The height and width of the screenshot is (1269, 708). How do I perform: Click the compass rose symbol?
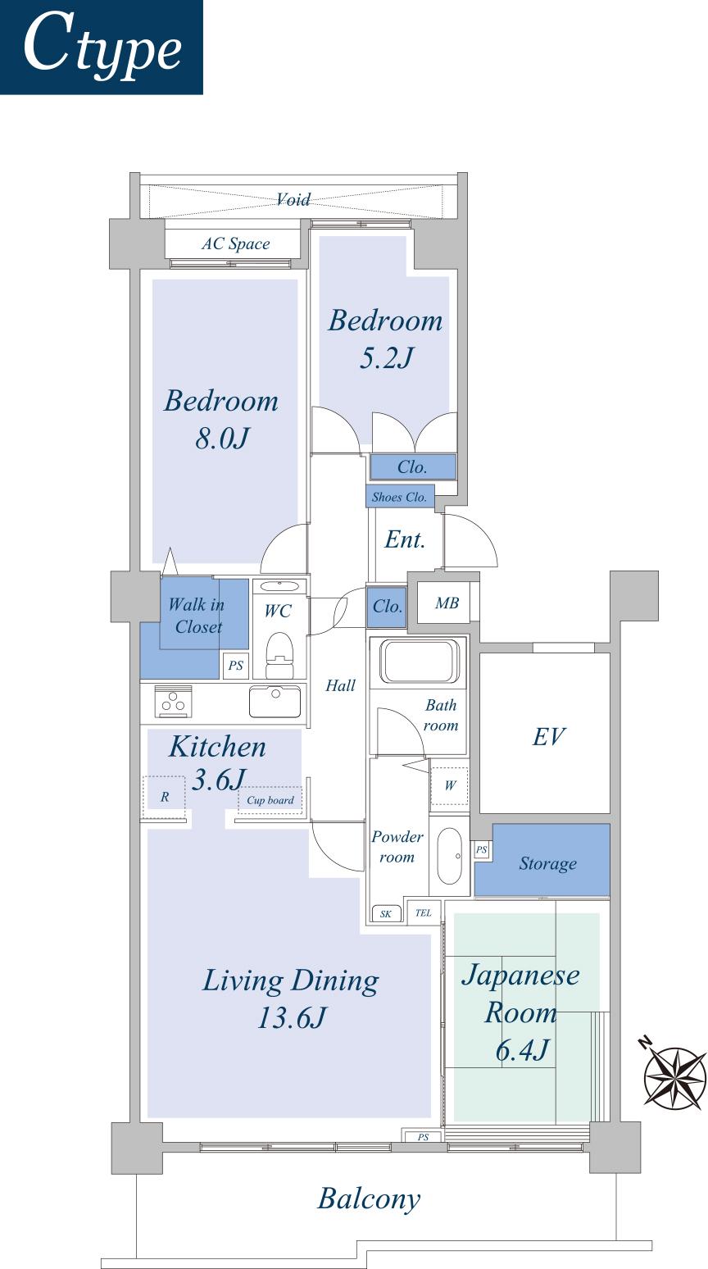674,1074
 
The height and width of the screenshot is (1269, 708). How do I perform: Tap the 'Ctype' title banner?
102,47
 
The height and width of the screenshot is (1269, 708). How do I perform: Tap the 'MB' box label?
447,604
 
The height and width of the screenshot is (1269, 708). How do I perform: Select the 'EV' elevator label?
548,736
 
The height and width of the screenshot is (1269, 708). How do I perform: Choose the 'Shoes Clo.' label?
400,497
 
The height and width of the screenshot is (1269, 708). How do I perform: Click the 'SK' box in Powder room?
385,914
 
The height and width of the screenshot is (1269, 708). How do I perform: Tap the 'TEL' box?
423,913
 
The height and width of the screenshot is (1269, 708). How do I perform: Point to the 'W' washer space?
450,785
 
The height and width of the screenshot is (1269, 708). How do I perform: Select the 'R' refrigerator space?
165,796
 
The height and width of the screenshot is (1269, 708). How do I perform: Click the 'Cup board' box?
270,800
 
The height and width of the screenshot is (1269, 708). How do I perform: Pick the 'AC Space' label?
236,243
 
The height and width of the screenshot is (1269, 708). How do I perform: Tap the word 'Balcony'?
369,1198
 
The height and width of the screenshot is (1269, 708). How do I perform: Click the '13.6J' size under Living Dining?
291,1018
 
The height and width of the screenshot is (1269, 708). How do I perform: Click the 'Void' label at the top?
293,199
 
